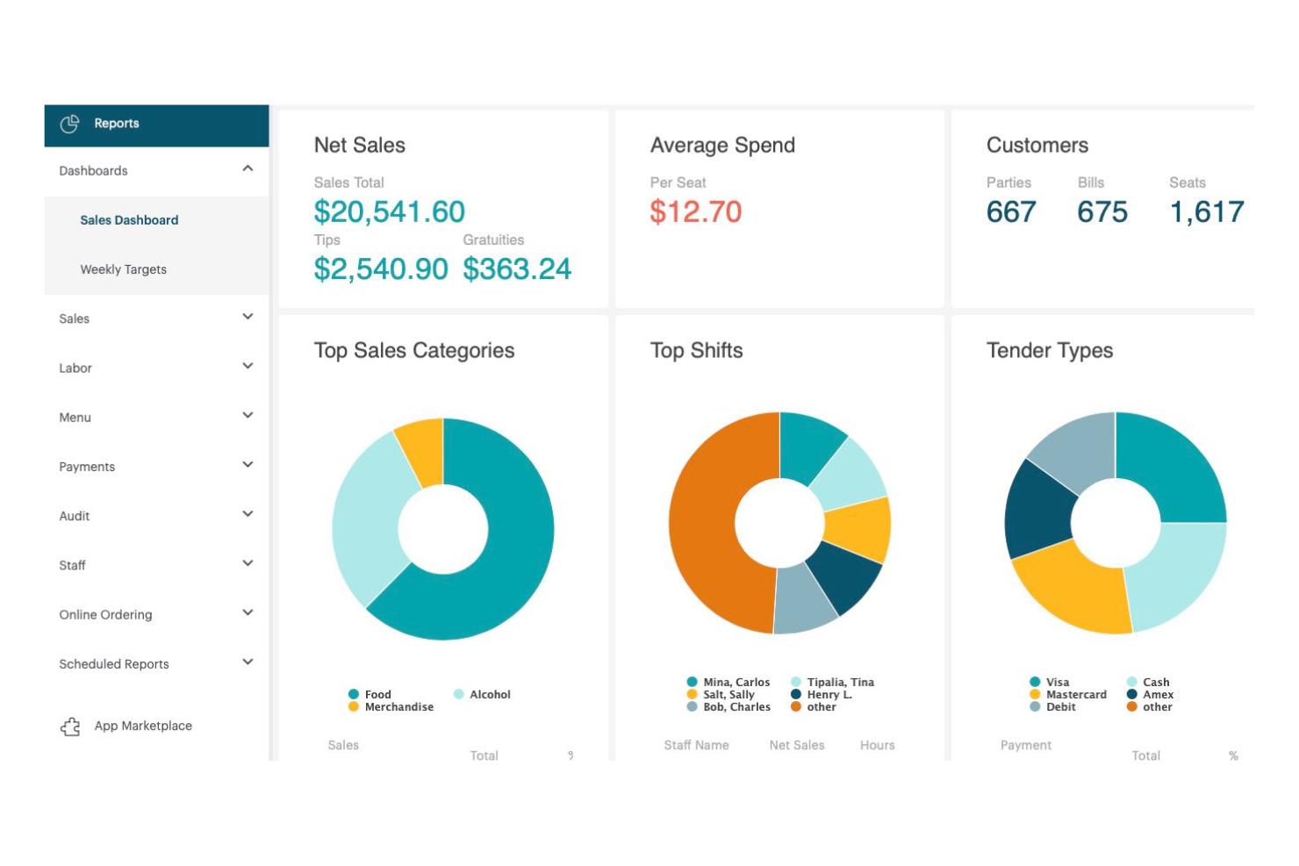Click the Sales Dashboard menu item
pyautogui.click(x=129, y=220)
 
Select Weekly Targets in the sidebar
pyautogui.click(x=123, y=269)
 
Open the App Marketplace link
pyautogui.click(x=143, y=726)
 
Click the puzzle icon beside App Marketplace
pyautogui.click(x=70, y=726)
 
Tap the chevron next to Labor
pyautogui.click(x=248, y=366)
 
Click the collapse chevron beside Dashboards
pyautogui.click(x=248, y=168)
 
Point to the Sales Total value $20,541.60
pyautogui.click(x=389, y=211)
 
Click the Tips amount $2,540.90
pyautogui.click(x=380, y=268)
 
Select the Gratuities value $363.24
pyautogui.click(x=517, y=268)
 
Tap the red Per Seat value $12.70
pyautogui.click(x=695, y=211)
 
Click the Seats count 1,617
pyautogui.click(x=1207, y=211)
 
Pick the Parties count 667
pyautogui.click(x=1011, y=211)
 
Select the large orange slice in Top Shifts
pyautogui.click(x=707, y=526)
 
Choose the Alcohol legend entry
pyautogui.click(x=489, y=694)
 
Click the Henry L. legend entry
pyautogui.click(x=829, y=694)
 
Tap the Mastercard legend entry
pyautogui.click(x=1075, y=694)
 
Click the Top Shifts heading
pyautogui.click(x=696, y=351)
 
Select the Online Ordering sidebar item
pyautogui.click(x=105, y=615)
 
